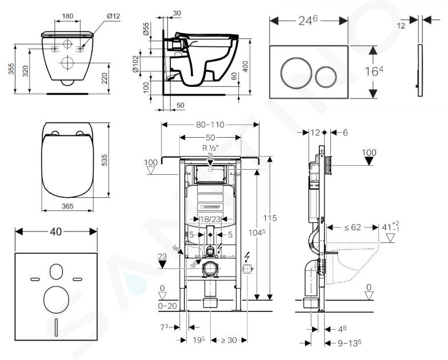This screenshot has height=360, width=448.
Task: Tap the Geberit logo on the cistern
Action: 210,206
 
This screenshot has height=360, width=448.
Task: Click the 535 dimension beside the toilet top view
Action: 104,160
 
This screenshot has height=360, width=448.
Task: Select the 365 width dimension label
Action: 67,206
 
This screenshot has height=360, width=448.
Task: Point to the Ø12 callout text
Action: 113,16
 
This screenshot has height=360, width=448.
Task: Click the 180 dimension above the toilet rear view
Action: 67,16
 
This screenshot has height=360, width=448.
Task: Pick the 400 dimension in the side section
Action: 245,67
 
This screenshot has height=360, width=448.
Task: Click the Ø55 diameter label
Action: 146,29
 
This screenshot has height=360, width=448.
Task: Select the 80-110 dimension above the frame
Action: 210,125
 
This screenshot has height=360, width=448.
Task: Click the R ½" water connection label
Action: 210,148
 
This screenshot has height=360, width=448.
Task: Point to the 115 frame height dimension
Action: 270,218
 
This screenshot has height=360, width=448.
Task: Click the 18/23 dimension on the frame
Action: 210,219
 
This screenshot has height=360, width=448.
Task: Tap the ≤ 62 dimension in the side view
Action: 352,227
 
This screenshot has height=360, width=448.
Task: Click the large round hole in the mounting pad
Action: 56,299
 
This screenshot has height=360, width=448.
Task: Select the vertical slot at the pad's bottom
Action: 56,327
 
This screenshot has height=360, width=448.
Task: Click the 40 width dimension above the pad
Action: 56,232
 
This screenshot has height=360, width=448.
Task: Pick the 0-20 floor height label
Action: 167,306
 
